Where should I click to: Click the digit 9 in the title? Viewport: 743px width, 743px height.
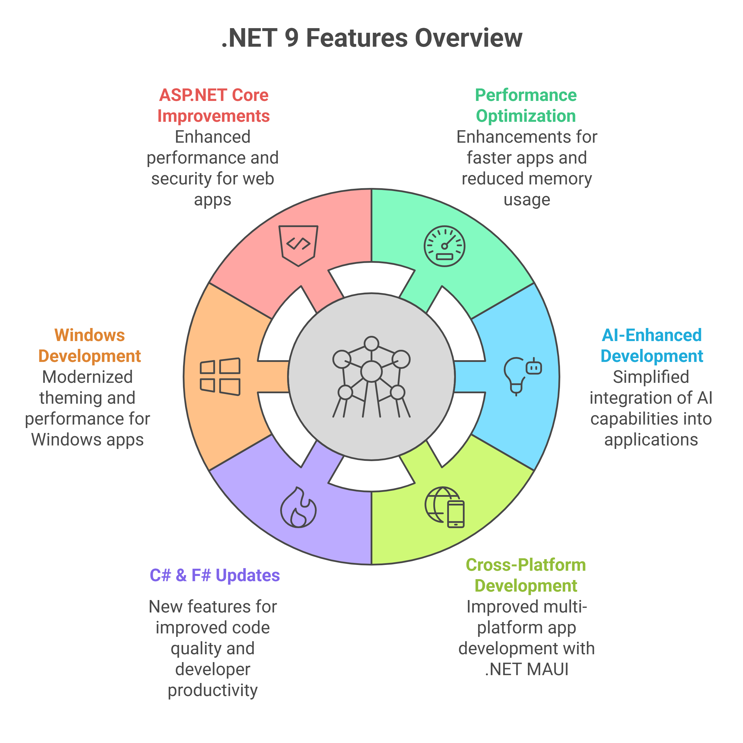click(x=292, y=39)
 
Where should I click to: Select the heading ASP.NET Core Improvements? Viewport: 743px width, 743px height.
click(x=213, y=105)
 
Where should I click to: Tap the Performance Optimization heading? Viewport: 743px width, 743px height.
click(x=526, y=105)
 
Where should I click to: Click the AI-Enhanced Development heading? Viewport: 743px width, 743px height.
click(x=651, y=345)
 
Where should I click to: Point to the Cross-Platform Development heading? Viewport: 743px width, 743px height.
click(x=526, y=575)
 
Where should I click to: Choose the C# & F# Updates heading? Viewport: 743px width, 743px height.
click(x=215, y=575)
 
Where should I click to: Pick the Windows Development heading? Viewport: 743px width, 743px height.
click(x=90, y=345)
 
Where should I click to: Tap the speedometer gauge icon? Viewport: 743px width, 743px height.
click(x=444, y=246)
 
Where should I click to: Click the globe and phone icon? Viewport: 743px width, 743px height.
click(x=444, y=507)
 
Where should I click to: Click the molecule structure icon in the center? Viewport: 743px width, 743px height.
click(x=371, y=377)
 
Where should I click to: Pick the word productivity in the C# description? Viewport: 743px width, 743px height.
click(x=213, y=690)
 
